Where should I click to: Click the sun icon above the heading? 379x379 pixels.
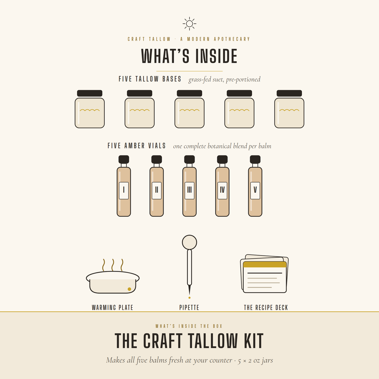189,24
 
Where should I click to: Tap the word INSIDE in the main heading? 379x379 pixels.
216,56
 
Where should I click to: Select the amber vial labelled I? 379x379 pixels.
124,186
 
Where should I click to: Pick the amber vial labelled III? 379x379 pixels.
189,186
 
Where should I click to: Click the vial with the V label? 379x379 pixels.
255,186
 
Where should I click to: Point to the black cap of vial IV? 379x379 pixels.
222,159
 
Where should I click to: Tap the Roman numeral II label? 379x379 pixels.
157,190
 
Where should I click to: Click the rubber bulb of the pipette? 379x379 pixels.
189,242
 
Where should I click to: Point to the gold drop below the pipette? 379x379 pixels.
189,298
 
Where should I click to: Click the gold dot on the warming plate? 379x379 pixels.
129,289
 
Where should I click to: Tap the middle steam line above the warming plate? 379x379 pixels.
113,265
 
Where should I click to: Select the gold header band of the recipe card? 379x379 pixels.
265,264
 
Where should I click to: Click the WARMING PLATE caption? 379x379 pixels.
112,307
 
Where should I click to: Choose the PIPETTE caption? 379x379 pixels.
189,307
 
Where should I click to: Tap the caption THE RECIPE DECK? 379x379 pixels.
266,307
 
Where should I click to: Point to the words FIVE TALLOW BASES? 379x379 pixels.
150,79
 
